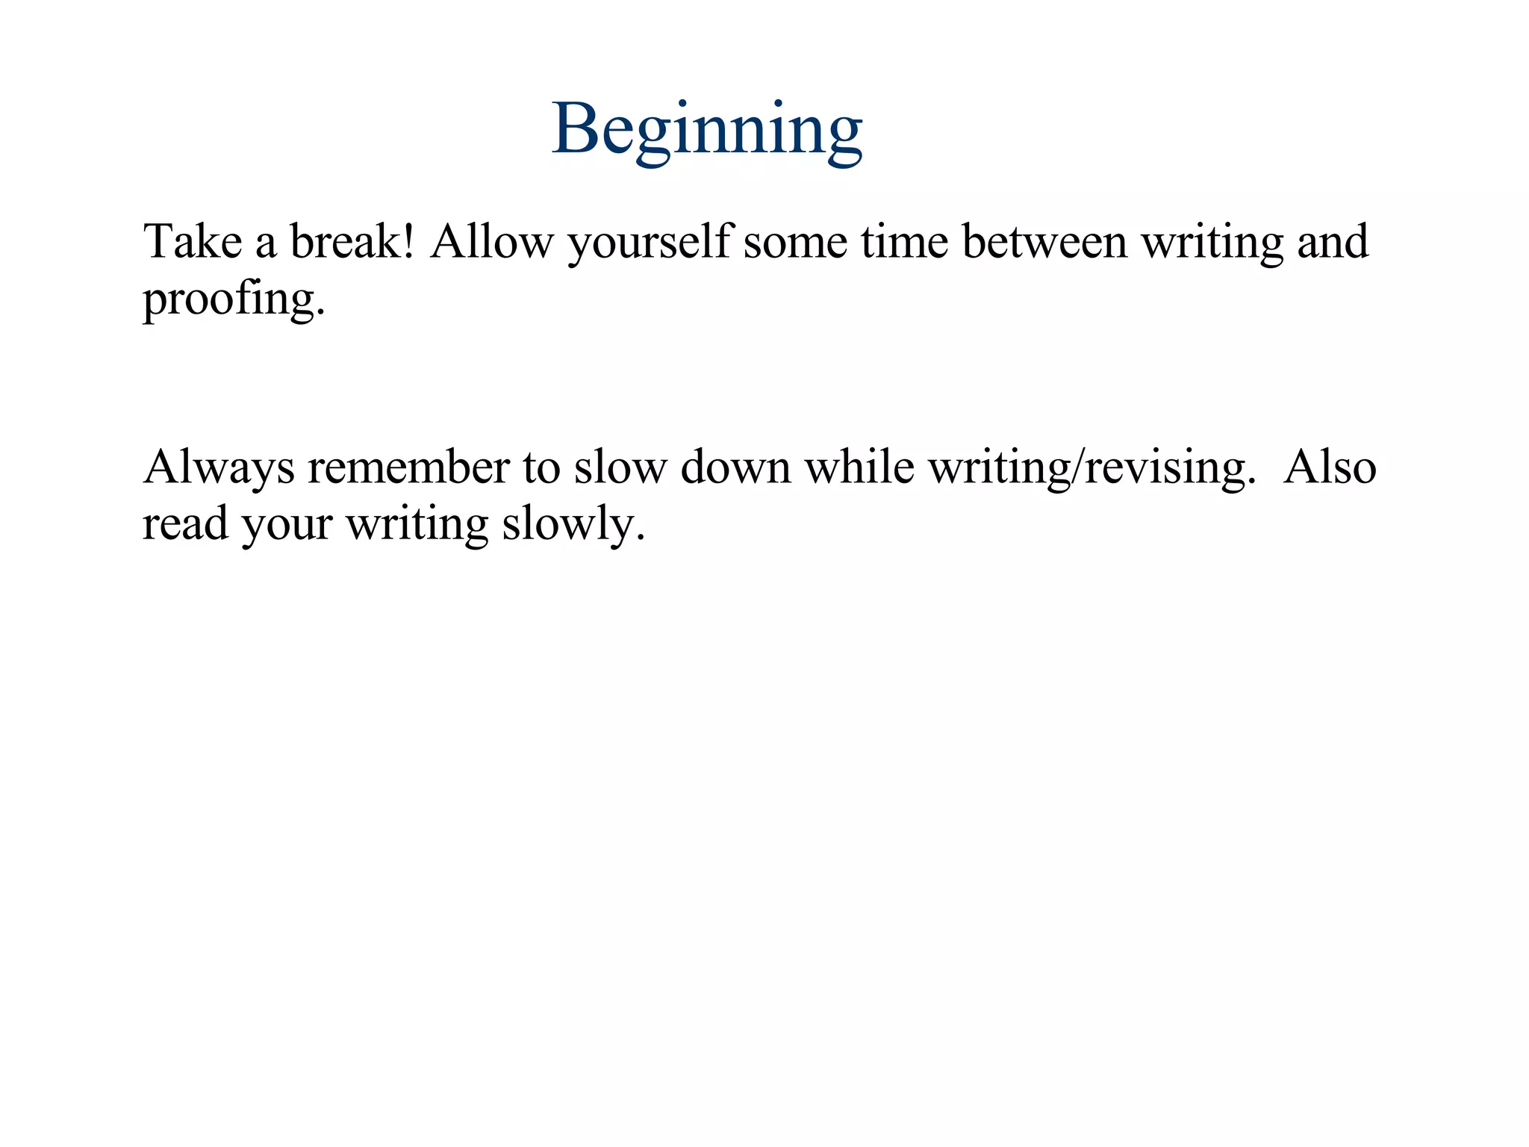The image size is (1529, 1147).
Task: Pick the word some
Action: [795, 243]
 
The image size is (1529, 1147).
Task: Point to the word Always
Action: [219, 469]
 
